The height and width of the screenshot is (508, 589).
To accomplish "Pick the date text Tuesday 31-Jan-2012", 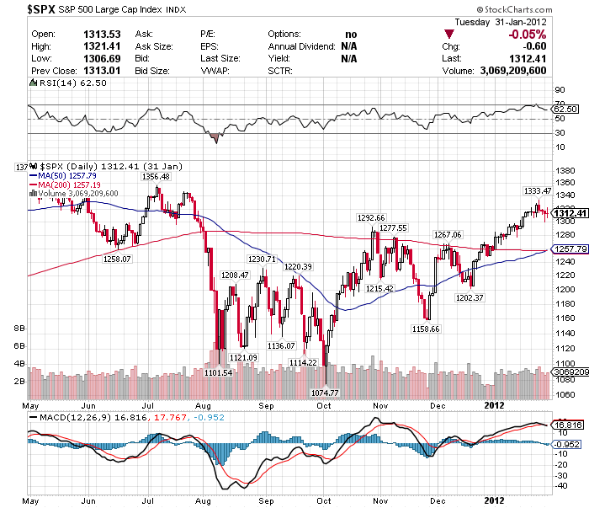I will (x=500, y=22).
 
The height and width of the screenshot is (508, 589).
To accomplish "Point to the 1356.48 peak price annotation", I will (x=157, y=177).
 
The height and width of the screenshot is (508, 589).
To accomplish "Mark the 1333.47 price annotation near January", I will (x=537, y=190).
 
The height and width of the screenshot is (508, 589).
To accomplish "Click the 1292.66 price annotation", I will (x=370, y=218).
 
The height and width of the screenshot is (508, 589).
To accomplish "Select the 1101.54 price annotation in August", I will (x=218, y=372).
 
